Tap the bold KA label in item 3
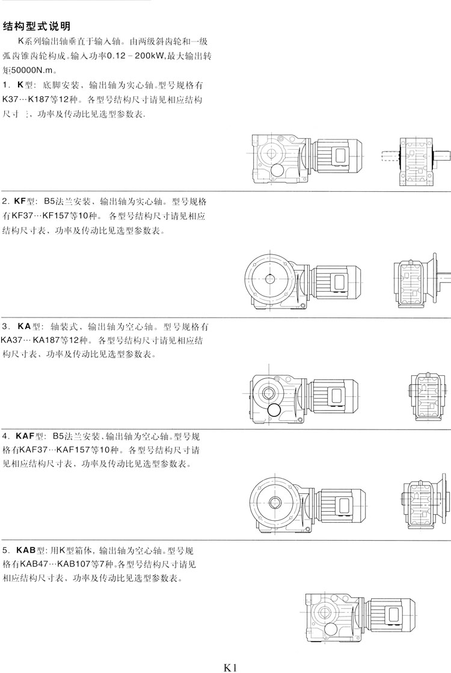point(25,327)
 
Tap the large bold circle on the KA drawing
point(274,411)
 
